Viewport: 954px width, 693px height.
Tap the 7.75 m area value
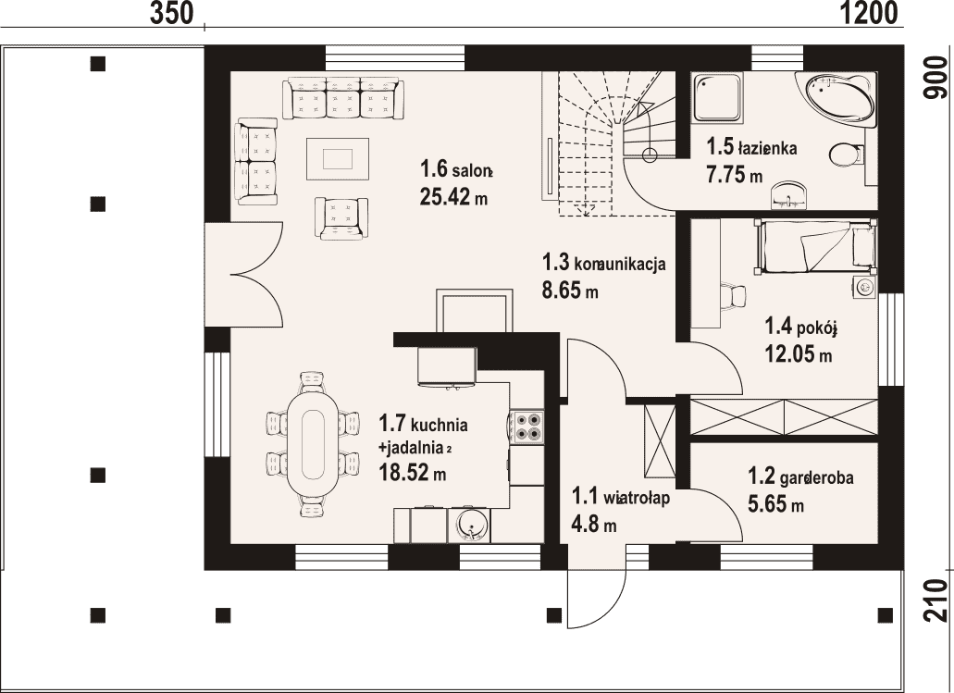click(734, 175)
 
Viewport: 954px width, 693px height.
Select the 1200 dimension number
click(870, 13)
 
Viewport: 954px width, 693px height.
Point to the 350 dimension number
click(171, 13)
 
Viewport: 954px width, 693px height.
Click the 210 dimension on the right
click(935, 599)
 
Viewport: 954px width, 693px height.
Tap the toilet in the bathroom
click(847, 155)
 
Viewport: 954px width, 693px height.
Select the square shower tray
click(718, 97)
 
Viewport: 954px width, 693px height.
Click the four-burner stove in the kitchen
click(527, 427)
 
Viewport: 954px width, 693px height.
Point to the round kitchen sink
click(470, 525)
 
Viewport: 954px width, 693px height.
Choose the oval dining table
click(313, 445)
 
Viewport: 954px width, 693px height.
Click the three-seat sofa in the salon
click(343, 97)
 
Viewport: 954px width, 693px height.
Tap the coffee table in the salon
click(338, 159)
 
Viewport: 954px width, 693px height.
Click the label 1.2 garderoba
click(800, 476)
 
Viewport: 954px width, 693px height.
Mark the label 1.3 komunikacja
click(603, 263)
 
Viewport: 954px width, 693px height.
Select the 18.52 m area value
click(413, 472)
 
